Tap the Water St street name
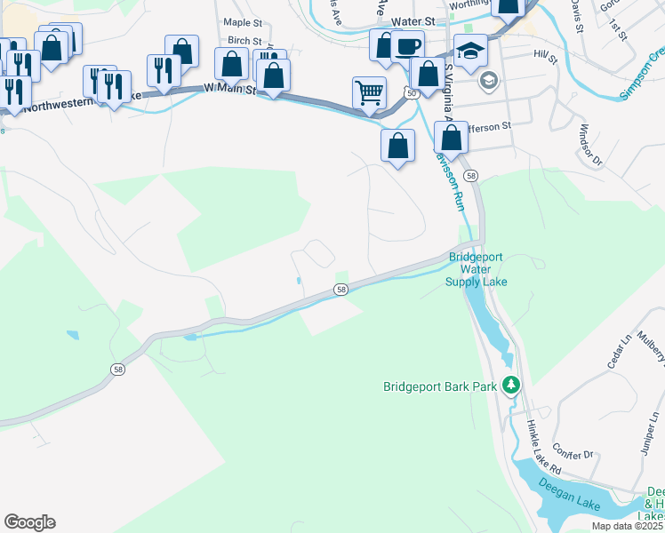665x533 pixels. click(412, 20)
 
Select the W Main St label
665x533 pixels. click(229, 89)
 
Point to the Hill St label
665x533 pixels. click(544, 58)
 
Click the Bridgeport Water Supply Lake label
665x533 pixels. click(476, 269)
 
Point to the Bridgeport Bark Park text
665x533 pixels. click(439, 386)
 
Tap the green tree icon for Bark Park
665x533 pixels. click(510, 385)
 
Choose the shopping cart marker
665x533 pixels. click(369, 91)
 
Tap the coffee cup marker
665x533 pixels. click(407, 46)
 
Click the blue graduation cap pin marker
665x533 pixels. click(469, 50)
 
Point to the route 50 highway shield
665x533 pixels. click(410, 92)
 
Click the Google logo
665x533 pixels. click(29, 522)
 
